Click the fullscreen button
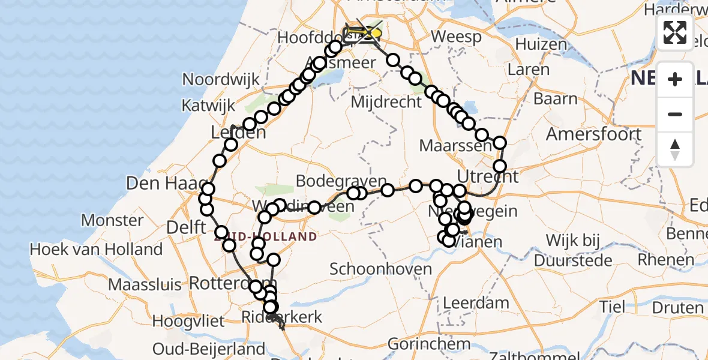675,32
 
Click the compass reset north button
675,149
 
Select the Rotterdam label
232,283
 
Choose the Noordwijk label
221,80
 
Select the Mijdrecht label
386,102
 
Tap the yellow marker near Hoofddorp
375,33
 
